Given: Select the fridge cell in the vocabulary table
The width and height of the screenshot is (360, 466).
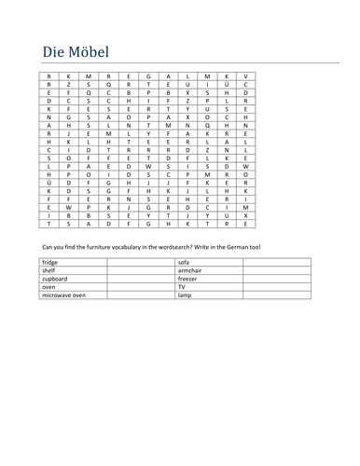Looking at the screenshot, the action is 50,264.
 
